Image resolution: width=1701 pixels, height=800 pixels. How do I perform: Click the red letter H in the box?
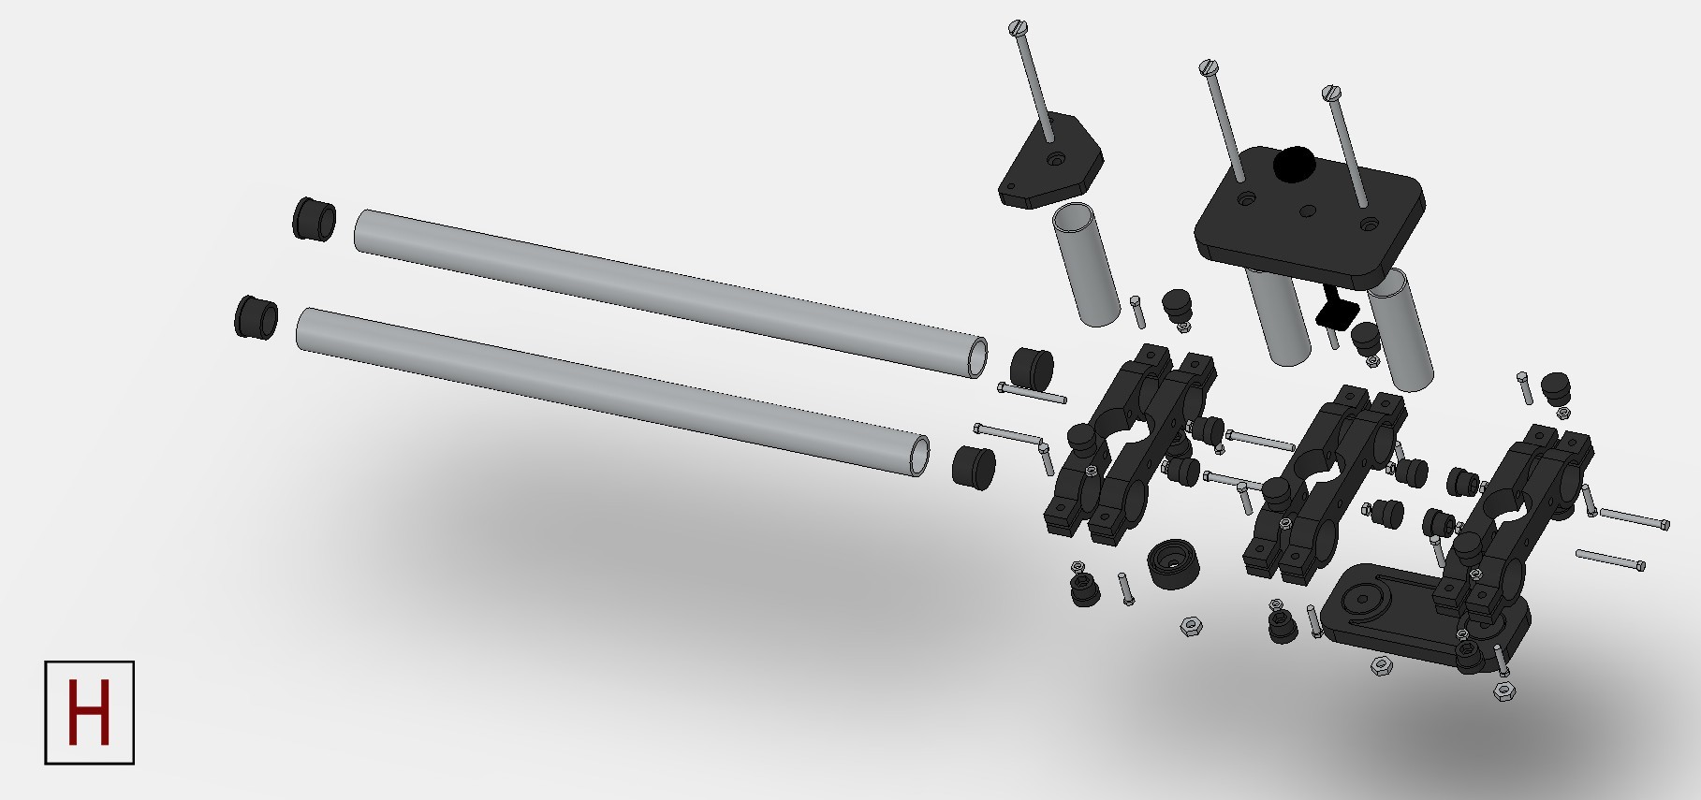[89, 712]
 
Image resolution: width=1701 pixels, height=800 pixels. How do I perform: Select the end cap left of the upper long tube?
[314, 219]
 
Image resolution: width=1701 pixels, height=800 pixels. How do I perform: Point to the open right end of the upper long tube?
[977, 358]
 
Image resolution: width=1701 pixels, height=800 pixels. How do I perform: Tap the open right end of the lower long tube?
[920, 456]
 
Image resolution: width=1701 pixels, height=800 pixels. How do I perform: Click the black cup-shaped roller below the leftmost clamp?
[1173, 563]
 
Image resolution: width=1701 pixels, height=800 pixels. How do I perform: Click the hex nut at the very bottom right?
[1503, 691]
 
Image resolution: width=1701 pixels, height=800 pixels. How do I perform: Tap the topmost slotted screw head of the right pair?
[1209, 67]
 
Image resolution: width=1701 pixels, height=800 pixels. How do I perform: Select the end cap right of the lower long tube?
[974, 466]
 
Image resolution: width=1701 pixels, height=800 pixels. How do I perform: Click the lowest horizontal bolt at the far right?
[1610, 560]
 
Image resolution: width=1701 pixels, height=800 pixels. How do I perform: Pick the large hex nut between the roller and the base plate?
[1192, 626]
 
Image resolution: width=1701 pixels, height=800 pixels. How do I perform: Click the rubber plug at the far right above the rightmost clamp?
[1555, 385]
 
